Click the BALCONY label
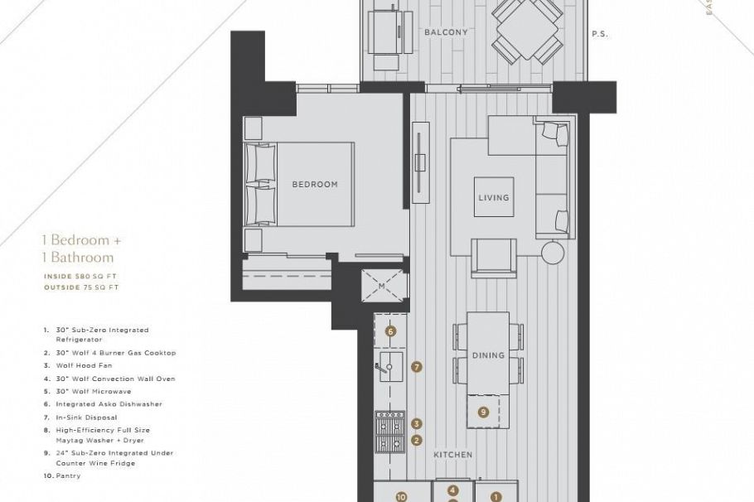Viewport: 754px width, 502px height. [446, 33]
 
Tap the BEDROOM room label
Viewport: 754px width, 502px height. [315, 185]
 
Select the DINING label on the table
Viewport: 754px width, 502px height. [488, 355]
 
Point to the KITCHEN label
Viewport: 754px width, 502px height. [452, 455]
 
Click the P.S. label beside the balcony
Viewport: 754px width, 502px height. [601, 34]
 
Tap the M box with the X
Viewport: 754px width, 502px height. [382, 286]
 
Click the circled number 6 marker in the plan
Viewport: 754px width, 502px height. [391, 331]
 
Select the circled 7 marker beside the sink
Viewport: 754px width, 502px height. [417, 366]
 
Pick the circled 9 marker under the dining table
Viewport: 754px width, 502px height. [483, 411]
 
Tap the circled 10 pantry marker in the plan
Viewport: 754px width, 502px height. [401, 497]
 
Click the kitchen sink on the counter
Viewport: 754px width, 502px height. [390, 366]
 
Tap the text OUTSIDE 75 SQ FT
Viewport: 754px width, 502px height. [81, 287]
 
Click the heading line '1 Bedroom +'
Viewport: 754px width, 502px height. [82, 240]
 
